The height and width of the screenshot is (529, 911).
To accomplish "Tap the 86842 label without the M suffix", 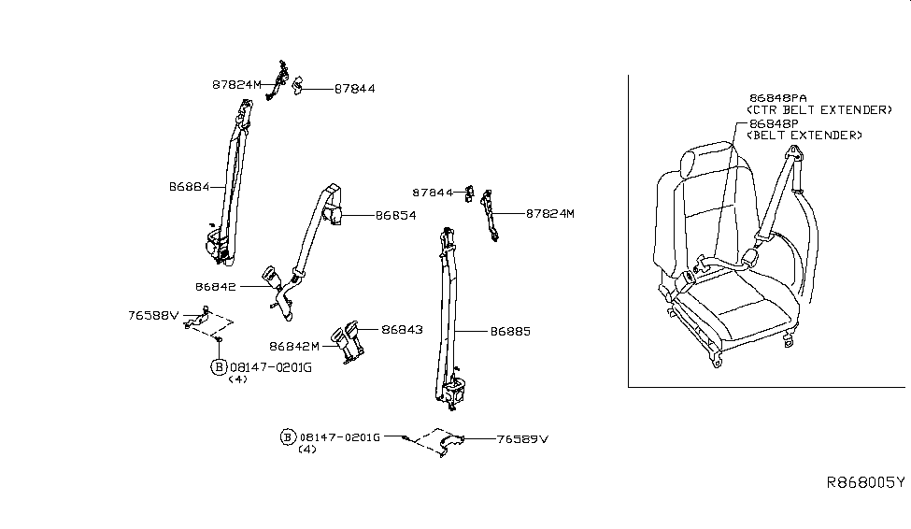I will (x=216, y=287).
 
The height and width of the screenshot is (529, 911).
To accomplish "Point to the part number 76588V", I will (x=152, y=316).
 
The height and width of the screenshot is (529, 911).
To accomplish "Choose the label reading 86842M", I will (x=294, y=346).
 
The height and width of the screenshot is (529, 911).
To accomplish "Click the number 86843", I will (x=402, y=329).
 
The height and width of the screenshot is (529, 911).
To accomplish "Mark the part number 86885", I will (x=509, y=331).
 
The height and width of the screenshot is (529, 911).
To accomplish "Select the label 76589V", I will (x=522, y=437).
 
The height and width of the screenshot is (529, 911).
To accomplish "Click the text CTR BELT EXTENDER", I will (x=819, y=110).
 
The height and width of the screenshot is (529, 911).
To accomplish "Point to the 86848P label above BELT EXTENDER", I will (x=772, y=122).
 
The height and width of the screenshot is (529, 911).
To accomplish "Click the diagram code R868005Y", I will (x=865, y=483).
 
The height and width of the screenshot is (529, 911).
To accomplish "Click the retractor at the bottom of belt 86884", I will (x=219, y=247).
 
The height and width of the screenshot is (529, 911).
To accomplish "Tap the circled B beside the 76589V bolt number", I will (x=288, y=437).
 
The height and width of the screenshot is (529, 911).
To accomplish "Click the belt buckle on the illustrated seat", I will (x=687, y=278).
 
